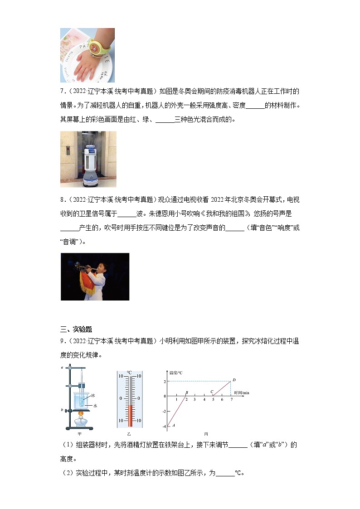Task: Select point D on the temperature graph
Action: tap(234, 380)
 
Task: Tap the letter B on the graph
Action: tap(186, 393)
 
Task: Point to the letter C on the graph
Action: tap(211, 392)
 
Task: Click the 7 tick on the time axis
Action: tap(231, 400)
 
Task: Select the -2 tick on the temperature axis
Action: tap(165, 411)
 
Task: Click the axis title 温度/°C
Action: tap(175, 373)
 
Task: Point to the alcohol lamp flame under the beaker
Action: tap(82, 413)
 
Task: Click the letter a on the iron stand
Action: tap(62, 368)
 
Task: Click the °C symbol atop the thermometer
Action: tap(129, 372)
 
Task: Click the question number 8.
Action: tap(62, 211)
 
